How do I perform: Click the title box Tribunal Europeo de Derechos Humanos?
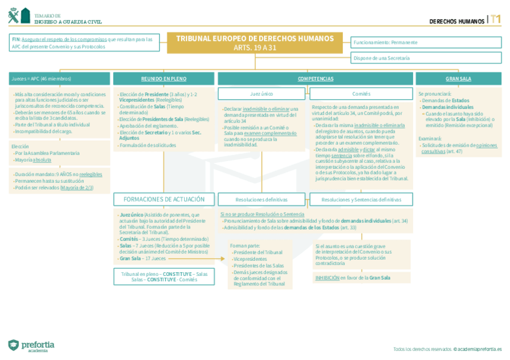pos(254,42)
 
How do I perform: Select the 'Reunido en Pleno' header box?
pos(163,79)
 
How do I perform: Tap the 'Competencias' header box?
pos(315,79)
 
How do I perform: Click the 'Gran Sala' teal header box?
pos(458,79)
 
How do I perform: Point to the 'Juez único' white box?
pos(262,94)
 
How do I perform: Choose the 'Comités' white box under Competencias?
pos(361,94)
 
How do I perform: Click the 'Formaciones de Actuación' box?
pos(164,200)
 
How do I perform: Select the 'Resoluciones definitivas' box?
pos(262,200)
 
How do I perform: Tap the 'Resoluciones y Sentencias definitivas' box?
pos(361,200)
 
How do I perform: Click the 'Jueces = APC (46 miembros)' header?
pos(59,79)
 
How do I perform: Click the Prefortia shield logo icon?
pos(13,345)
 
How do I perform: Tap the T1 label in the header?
pos(496,20)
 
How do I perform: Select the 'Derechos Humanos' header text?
pos(456,22)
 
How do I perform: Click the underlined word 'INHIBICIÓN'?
pos(327,278)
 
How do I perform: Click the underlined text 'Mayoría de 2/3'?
pos(76,188)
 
